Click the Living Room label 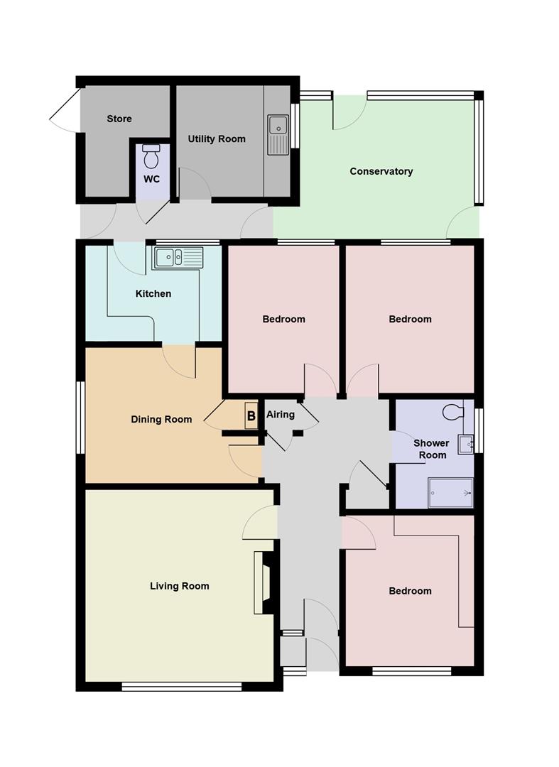(x=179, y=586)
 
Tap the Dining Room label (x=161, y=419)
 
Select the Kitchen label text (x=153, y=293)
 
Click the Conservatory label (x=381, y=171)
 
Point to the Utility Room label (x=217, y=139)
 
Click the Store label (x=119, y=119)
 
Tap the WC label (x=151, y=179)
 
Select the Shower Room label (x=431, y=449)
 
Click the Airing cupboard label (x=280, y=414)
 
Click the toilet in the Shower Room (x=452, y=411)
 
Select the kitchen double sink (x=178, y=257)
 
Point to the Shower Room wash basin (x=466, y=444)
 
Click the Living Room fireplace (x=262, y=582)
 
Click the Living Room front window (x=182, y=687)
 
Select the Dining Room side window (x=81, y=417)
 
